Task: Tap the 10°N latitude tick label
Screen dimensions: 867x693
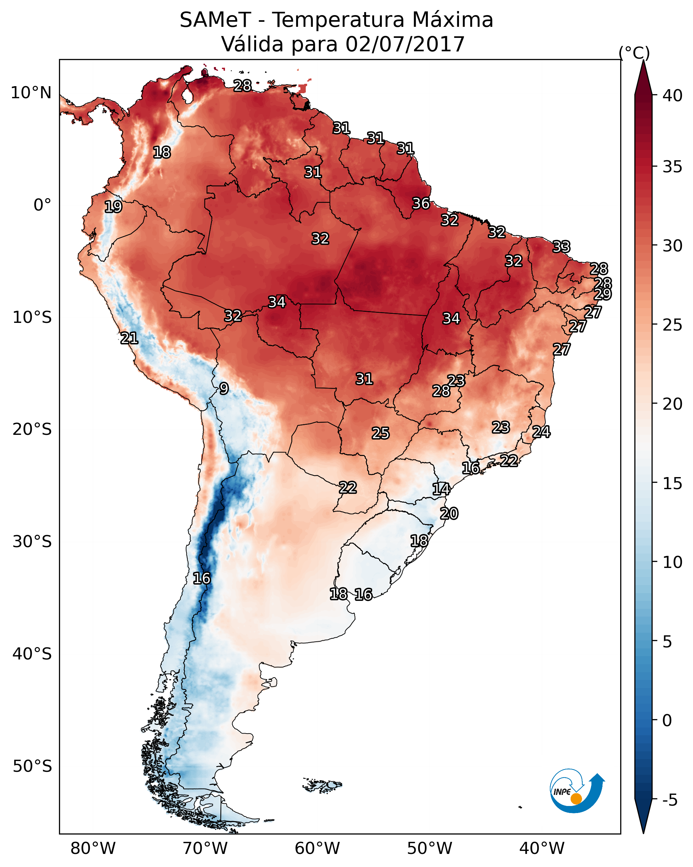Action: point(31,93)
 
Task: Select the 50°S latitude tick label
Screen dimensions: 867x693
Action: point(32,766)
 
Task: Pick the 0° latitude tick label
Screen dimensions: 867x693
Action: point(42,205)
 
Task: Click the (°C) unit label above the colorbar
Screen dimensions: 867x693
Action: point(634,53)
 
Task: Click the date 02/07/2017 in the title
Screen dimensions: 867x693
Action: point(405,44)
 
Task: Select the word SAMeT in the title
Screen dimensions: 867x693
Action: point(215,20)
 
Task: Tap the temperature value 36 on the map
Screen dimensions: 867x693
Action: point(421,204)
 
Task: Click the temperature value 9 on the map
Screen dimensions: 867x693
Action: point(224,389)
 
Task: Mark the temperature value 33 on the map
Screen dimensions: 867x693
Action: point(561,246)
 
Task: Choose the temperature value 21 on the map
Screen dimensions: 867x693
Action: point(129,338)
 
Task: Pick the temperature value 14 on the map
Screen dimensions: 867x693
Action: point(441,489)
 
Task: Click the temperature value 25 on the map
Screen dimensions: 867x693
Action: point(381,433)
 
